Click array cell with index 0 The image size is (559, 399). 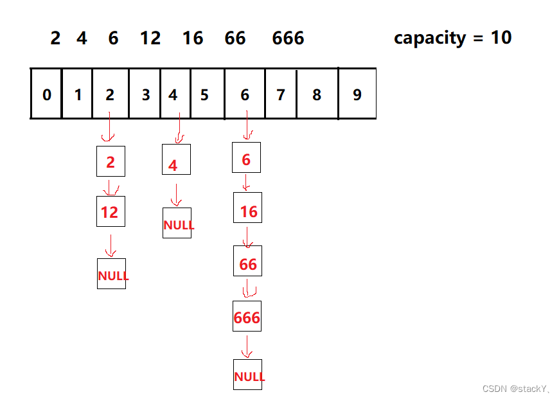[46, 94]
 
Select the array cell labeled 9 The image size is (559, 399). [357, 94]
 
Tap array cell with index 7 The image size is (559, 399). [280, 94]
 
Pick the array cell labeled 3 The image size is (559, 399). [145, 94]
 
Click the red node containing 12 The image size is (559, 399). [111, 211]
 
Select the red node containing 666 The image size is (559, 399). [247, 317]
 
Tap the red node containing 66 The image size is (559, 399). [247, 263]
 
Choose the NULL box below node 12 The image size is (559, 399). [112, 274]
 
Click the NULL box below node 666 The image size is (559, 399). [248, 375]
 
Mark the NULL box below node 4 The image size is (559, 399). [177, 224]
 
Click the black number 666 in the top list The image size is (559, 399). [288, 39]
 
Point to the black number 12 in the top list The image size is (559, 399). [150, 39]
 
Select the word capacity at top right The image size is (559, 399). [430, 38]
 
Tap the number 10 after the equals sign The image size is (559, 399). [501, 37]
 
